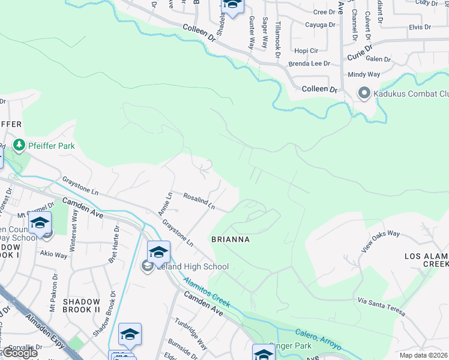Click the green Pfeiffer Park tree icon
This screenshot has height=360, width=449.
19,145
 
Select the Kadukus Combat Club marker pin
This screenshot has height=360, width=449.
363,94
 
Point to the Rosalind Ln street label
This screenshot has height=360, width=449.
199,200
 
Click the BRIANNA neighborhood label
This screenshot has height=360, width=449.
231,239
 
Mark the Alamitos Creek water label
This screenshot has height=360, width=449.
206,291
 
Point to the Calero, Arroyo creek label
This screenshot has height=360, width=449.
319,340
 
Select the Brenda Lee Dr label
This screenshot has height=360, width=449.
310,63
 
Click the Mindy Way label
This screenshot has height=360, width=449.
364,74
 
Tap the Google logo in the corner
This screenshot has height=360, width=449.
20,353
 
